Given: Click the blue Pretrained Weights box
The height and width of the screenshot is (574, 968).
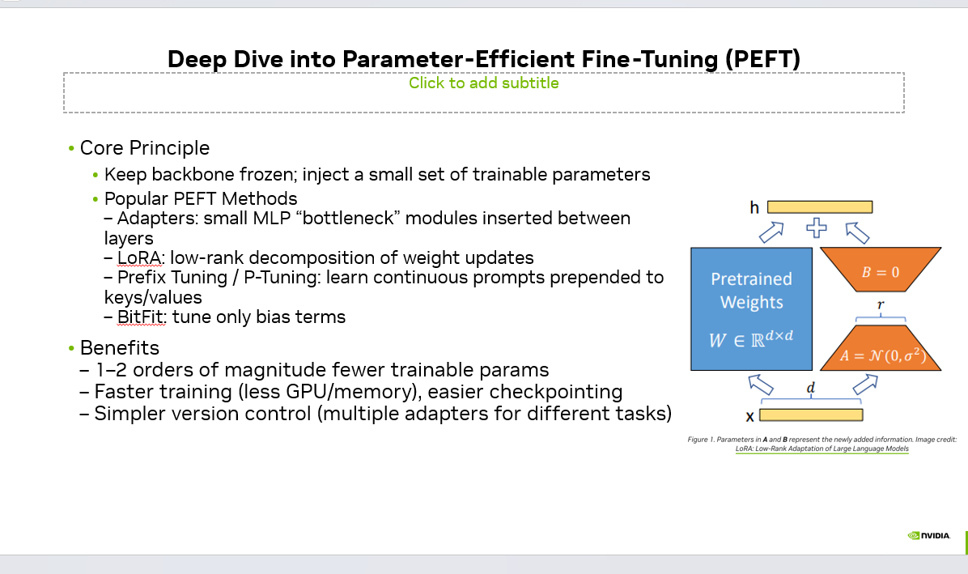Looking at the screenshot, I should (x=751, y=308).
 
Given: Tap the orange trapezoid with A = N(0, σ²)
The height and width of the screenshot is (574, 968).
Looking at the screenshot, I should (x=880, y=349).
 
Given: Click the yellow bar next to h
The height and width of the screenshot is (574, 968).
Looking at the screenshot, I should (x=819, y=206).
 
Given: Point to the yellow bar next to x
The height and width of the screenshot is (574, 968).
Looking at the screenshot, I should (x=810, y=415).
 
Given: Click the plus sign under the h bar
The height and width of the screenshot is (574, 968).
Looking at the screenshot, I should (x=817, y=227).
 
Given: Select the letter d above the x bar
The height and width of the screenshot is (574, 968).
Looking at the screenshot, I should (x=810, y=389).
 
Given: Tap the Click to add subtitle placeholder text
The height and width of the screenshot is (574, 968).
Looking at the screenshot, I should (x=483, y=83).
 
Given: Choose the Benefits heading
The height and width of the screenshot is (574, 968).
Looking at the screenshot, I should (x=119, y=348).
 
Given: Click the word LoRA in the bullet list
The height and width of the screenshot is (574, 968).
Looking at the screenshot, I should (x=140, y=258).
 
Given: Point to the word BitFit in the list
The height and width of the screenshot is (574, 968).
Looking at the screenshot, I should (x=142, y=317).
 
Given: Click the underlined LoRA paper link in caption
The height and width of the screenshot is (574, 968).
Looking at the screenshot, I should (x=822, y=448).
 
